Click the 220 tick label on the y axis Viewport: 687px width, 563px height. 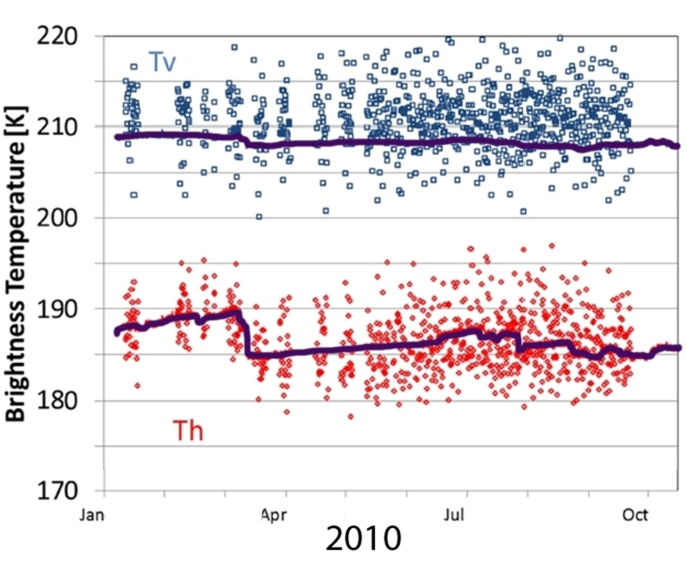57,36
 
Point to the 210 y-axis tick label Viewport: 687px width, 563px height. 57,127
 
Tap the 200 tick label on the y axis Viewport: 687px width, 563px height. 57,218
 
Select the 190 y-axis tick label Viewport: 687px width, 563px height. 57,309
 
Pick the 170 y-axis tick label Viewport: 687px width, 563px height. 57,491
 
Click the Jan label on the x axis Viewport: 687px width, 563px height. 92,515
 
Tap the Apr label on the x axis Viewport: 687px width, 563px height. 273,515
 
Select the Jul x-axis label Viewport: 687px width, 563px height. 454,515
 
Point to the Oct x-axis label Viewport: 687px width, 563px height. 635,515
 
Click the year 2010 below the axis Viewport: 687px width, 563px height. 363,539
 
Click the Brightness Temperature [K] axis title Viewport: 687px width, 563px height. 16,264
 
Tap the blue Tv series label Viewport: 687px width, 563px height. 162,62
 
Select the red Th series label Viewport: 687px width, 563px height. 188,431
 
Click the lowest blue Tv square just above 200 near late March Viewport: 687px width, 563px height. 259,217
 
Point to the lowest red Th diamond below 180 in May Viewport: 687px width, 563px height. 351,416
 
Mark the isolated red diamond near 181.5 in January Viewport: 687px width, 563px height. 137,385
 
